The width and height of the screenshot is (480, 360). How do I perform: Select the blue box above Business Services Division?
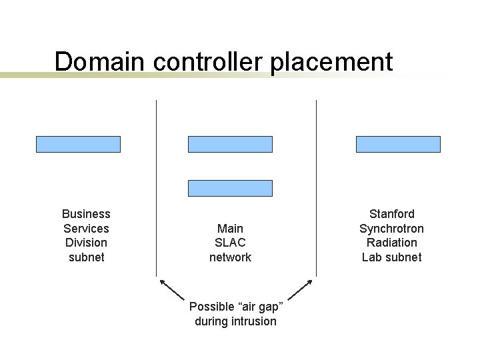(78, 144)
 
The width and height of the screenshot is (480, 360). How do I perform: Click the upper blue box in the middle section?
(230, 144)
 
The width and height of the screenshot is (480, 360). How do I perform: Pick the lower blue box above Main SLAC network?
(230, 188)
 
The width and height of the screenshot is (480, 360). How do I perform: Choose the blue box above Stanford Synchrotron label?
(398, 144)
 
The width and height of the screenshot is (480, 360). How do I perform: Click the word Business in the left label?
(86, 214)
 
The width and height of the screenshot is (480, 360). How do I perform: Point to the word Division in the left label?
(86, 243)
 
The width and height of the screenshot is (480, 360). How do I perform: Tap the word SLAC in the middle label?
(230, 243)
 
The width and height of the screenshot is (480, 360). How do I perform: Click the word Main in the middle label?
(230, 228)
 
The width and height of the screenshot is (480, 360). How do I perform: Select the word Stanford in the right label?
(391, 214)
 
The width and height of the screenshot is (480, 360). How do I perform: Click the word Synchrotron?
(391, 228)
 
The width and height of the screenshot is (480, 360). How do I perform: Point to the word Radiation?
(391, 243)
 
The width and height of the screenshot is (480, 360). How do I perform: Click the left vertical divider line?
(156, 187)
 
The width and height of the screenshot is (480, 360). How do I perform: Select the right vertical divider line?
(316, 187)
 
